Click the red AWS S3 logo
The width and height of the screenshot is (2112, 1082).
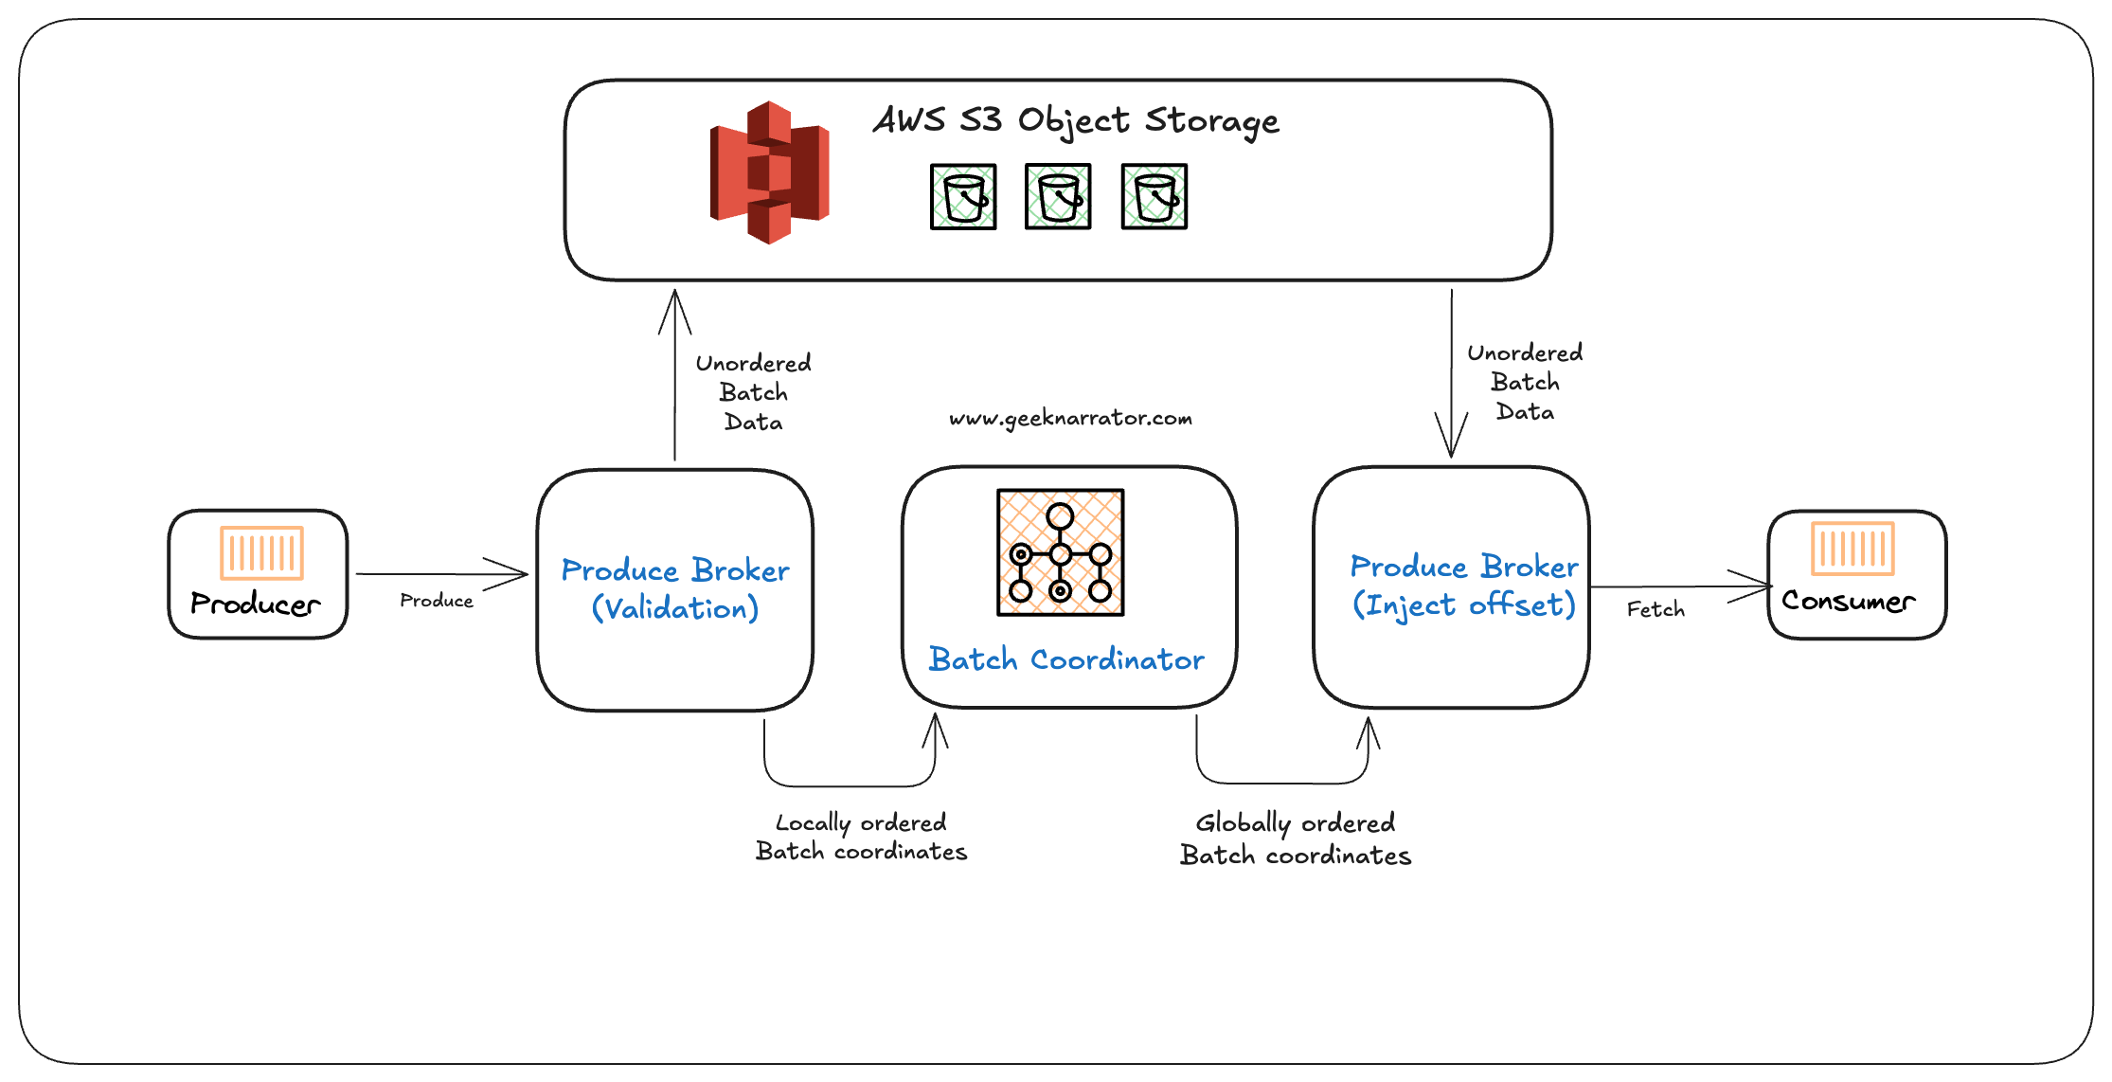pos(769,172)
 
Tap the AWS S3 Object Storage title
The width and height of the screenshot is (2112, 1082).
pos(1076,121)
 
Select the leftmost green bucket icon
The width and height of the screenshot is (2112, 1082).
pos(963,197)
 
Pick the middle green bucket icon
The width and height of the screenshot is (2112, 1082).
pos(1058,197)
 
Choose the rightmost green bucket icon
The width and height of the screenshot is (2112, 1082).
pos(1154,197)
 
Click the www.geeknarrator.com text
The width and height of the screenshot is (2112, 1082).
pos(1070,418)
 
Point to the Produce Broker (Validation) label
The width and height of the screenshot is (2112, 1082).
pos(675,588)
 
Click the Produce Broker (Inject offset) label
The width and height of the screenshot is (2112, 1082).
pos(1463,585)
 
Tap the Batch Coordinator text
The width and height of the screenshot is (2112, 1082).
pos(1066,658)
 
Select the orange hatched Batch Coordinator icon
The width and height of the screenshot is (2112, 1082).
pos(1060,552)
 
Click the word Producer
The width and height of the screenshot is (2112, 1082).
pos(256,604)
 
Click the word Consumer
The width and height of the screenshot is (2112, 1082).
pos(1848,601)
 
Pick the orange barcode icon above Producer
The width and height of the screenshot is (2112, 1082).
pos(262,552)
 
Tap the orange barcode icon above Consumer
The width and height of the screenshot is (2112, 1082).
pos(1852,548)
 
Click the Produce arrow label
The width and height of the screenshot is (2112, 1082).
pos(437,601)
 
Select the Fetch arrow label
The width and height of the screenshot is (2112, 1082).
pos(1656,609)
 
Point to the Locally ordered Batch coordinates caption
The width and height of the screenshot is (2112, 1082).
pos(861,837)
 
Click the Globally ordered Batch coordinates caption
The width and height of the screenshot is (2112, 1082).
pos(1296,839)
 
